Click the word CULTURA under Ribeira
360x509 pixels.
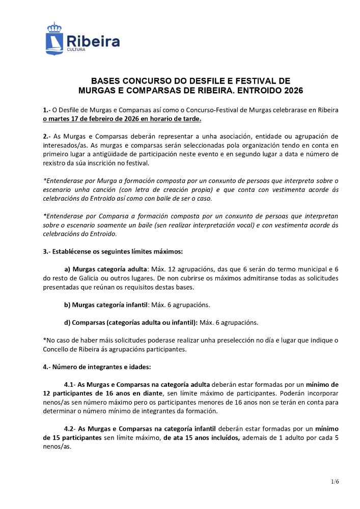click(x=76, y=50)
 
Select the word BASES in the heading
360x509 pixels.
click(x=104, y=81)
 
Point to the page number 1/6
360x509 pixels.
click(x=335, y=481)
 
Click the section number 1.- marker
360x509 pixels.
click(x=46, y=110)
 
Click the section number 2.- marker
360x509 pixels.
click(x=46, y=136)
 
